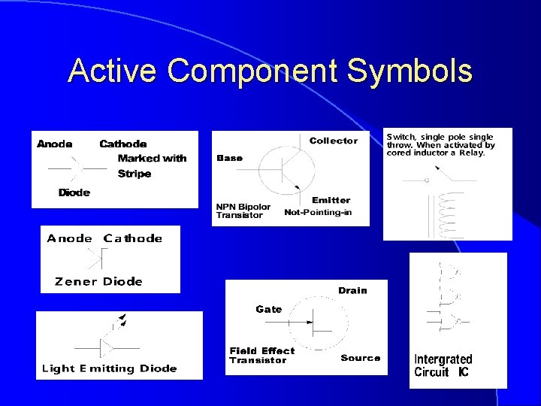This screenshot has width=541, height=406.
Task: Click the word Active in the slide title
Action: [x=113, y=71]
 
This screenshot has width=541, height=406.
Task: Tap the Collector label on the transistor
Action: [x=334, y=141]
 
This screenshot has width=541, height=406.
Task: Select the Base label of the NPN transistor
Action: [x=230, y=158]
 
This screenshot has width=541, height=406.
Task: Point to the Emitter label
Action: [x=331, y=200]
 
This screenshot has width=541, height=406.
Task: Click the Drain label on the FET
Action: [x=352, y=291]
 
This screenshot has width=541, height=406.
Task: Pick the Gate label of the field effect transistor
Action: [x=268, y=309]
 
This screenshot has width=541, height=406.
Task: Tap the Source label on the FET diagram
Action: [x=361, y=358]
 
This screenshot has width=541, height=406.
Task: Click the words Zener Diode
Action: [x=98, y=281]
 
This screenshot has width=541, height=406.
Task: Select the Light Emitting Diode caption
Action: [x=109, y=368]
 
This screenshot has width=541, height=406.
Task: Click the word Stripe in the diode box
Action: [x=134, y=174]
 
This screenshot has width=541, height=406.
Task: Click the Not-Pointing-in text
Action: [x=317, y=212]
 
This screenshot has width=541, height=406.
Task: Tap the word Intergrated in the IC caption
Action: [x=443, y=359]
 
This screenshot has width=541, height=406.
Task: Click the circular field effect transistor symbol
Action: [x=319, y=324]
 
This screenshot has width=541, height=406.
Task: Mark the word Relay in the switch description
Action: [x=471, y=154]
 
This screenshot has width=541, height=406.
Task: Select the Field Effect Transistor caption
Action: [x=261, y=355]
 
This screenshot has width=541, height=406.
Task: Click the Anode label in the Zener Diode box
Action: [x=70, y=238]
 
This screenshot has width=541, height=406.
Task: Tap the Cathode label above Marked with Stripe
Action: [x=123, y=144]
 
